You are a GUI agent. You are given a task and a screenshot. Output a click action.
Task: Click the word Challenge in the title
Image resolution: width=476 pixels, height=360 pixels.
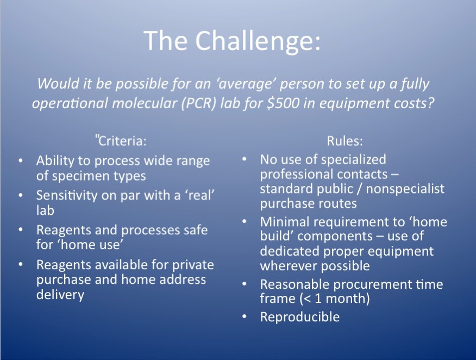click(x=258, y=41)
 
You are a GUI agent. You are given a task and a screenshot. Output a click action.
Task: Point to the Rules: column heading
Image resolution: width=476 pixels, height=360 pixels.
click(x=345, y=141)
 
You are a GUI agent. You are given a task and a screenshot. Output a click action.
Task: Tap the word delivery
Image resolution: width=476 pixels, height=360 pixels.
click(x=60, y=294)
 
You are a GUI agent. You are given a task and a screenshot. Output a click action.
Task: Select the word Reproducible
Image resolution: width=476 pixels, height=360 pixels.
click(x=300, y=317)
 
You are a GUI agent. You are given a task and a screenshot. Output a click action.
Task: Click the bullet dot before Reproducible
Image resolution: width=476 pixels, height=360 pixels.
click(x=244, y=317)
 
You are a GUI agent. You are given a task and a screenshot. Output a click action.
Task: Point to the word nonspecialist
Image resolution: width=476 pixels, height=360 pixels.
click(x=405, y=189)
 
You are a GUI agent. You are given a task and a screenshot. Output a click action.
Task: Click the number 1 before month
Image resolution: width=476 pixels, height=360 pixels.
click(x=317, y=299)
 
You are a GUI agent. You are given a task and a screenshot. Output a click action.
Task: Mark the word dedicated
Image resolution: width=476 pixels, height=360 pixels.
click(x=288, y=251)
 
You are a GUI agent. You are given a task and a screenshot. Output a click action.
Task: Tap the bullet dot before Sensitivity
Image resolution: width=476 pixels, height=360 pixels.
click(x=20, y=195)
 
